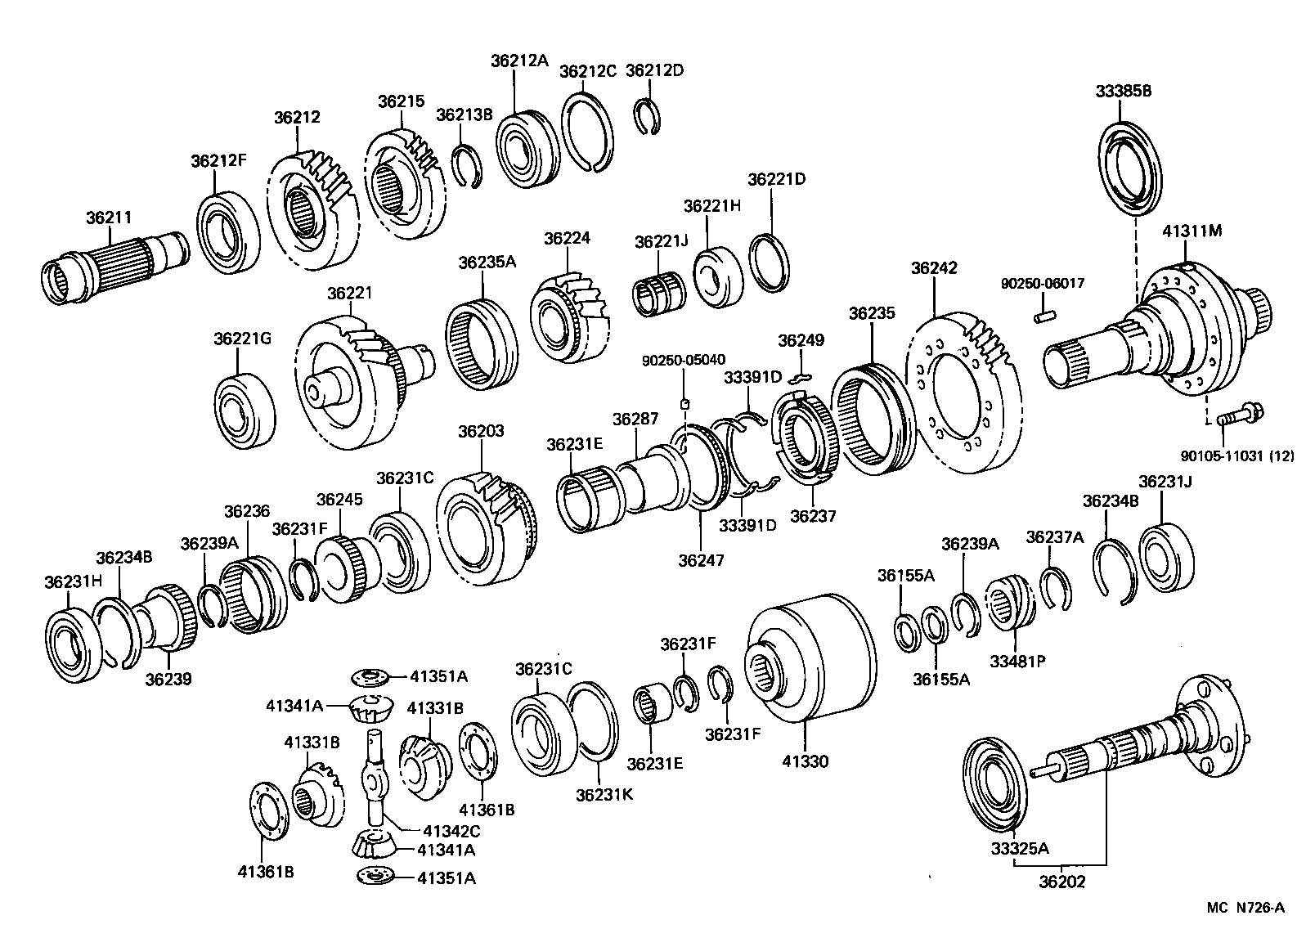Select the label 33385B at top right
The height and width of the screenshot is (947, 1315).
pyautogui.click(x=1124, y=92)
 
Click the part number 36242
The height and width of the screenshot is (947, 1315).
pyautogui.click(x=933, y=268)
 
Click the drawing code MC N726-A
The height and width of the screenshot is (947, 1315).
pyautogui.click(x=1245, y=907)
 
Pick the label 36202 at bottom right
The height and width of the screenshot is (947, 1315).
pyautogui.click(x=1062, y=882)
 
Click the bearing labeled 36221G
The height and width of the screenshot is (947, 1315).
pyautogui.click(x=244, y=411)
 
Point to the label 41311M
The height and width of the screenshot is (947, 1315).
pyautogui.click(x=1192, y=231)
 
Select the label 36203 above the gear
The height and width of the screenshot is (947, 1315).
pyautogui.click(x=481, y=431)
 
